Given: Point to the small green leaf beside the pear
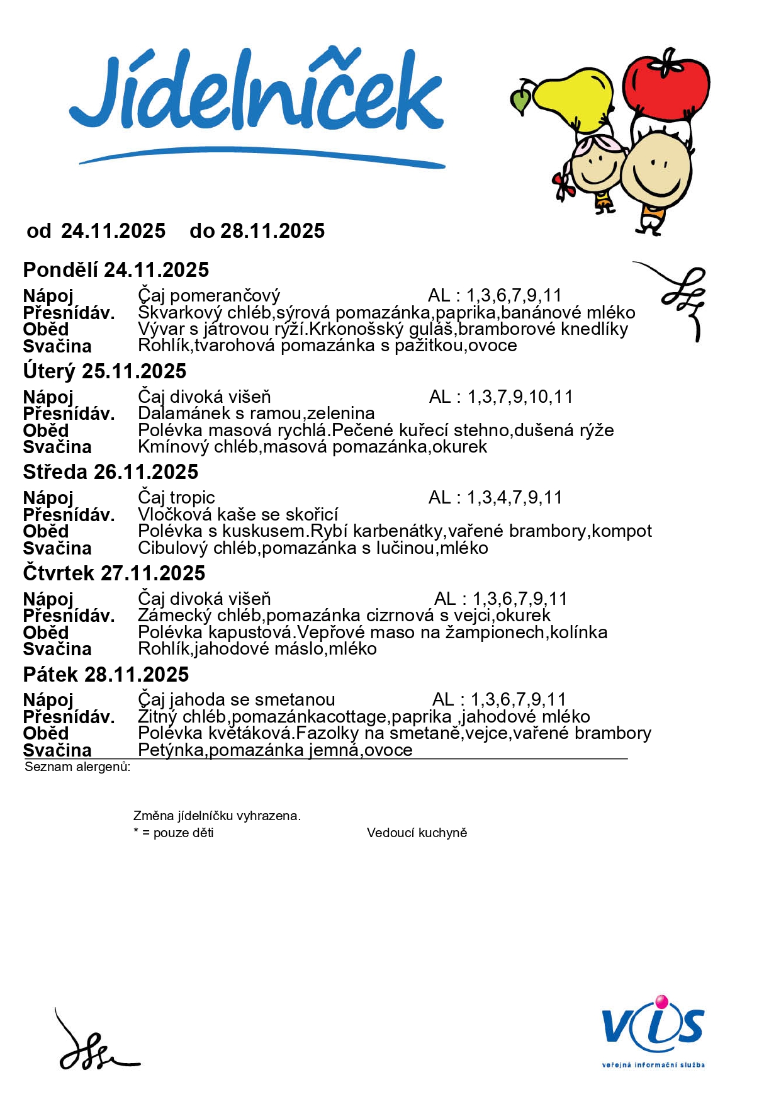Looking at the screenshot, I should pos(521,101).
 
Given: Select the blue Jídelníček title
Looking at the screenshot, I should pos(257,94).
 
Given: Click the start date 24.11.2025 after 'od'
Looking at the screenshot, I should pos(113,231).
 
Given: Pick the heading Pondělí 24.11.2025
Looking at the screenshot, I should pos(116,270).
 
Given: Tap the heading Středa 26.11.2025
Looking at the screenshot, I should pos(111,472).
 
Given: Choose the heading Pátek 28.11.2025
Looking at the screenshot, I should pos(106,675).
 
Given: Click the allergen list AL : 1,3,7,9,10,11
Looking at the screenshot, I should pos(501,397).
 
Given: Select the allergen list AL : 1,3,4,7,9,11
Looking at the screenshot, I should pos(495,498).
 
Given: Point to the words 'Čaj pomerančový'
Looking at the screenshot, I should pos(208,296).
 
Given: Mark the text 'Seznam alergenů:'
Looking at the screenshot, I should pos(77,767).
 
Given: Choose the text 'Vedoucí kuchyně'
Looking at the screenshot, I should pos(417,833).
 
